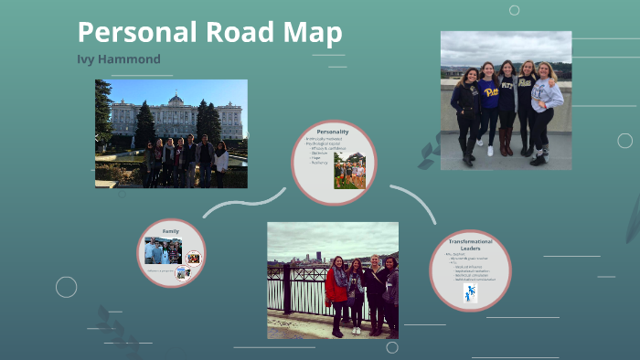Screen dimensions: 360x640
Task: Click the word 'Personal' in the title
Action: point(127,33)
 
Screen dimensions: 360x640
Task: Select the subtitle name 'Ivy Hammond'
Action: point(119,59)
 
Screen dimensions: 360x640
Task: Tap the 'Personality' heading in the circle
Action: point(333,132)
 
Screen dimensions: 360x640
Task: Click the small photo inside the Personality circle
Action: point(349,170)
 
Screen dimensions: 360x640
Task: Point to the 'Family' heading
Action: point(170,231)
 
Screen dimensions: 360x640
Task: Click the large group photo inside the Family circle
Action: point(162,250)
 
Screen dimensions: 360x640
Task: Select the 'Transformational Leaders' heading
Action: point(470,244)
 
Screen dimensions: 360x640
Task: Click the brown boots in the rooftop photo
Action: point(506,141)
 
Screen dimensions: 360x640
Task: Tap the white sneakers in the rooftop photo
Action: point(488,151)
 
